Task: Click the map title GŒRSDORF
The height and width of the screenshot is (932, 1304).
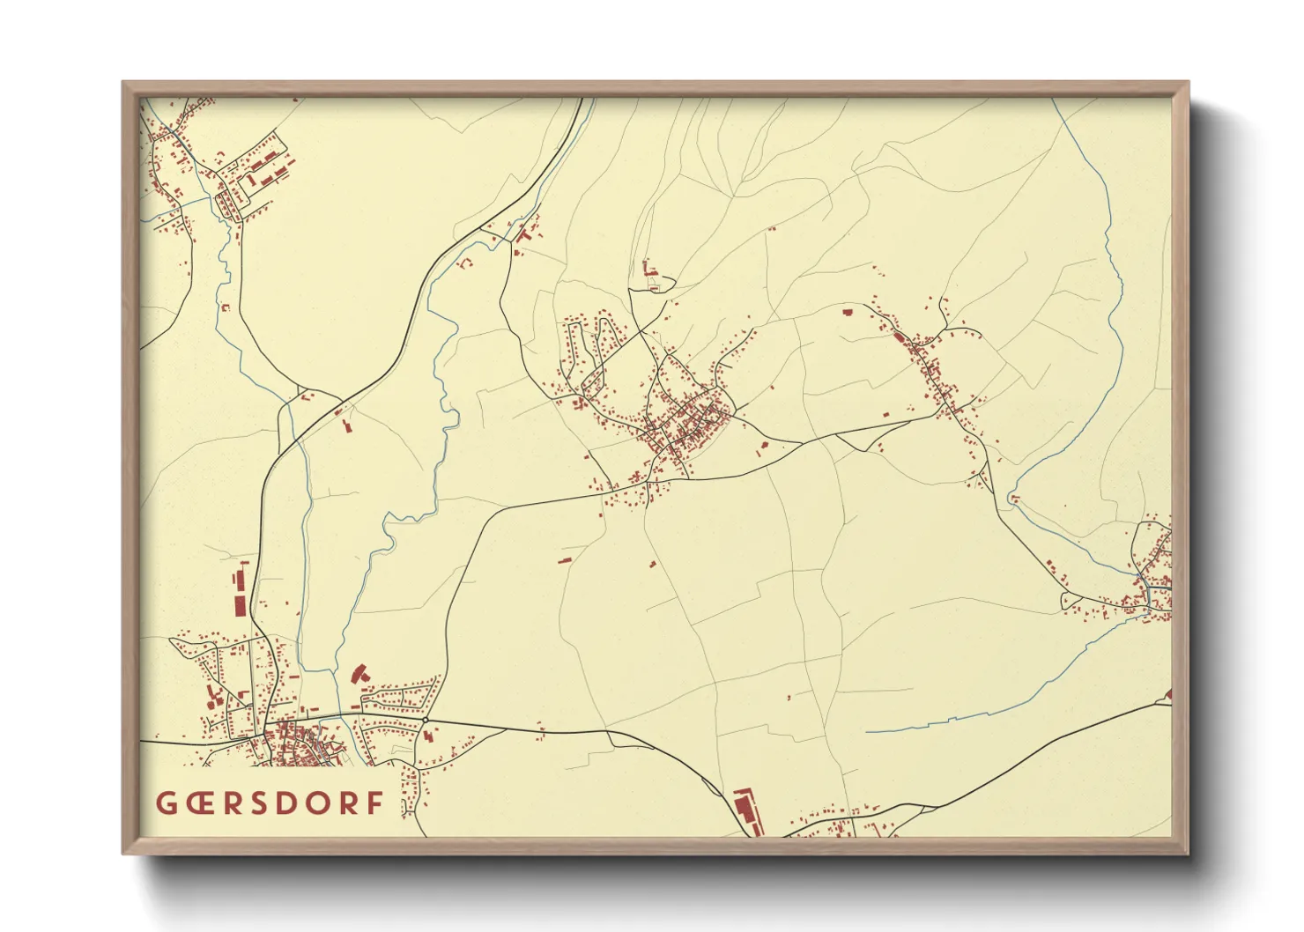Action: [x=270, y=803]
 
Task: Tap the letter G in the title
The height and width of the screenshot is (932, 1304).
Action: [x=165, y=803]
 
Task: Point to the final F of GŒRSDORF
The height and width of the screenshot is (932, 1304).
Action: [x=376, y=803]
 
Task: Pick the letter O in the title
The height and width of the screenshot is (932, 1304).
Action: [x=322, y=803]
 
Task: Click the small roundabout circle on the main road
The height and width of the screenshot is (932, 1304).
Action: [x=426, y=720]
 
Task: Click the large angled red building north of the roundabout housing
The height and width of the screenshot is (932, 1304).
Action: [x=358, y=674]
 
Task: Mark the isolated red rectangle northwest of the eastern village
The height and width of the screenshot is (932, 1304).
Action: [x=848, y=311]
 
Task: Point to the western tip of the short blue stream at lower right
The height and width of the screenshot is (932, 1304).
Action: [x=867, y=732]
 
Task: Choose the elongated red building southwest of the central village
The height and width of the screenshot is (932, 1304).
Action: [x=562, y=558]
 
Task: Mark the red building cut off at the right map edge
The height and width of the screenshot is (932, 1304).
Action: [x=1169, y=695]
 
